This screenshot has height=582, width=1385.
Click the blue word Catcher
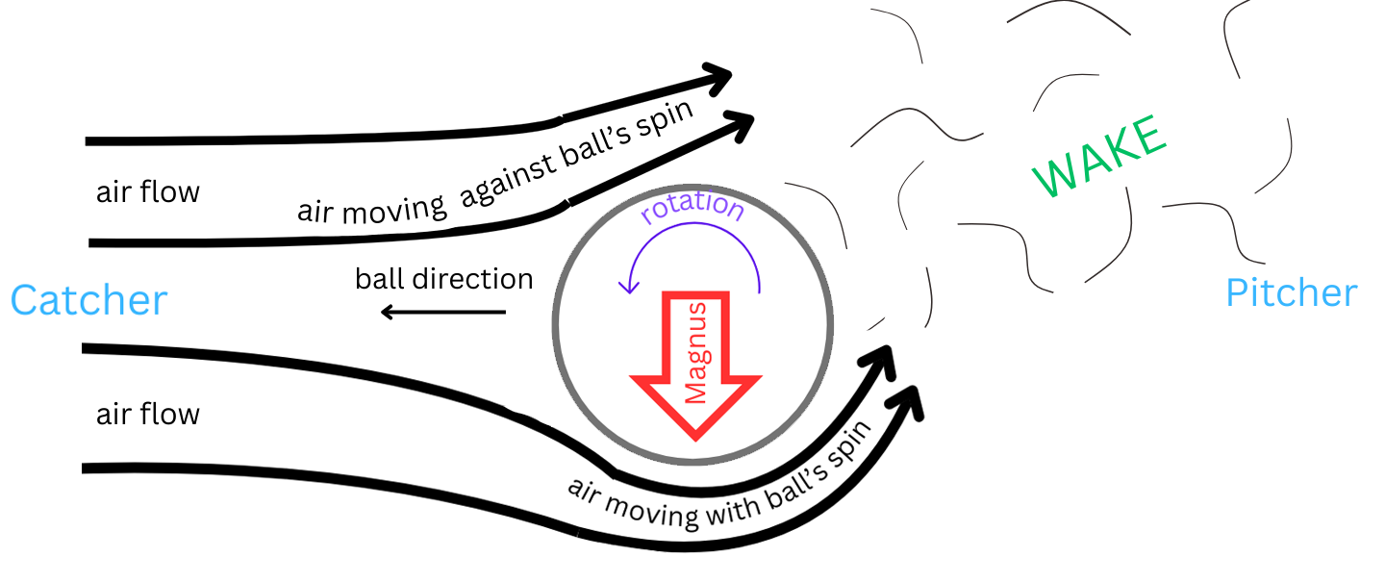click(x=88, y=301)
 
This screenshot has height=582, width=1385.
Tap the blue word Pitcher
click(x=1291, y=292)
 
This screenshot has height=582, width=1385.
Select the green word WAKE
click(x=1099, y=157)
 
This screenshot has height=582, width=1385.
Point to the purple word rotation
click(x=692, y=210)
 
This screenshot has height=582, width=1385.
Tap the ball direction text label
click(x=443, y=279)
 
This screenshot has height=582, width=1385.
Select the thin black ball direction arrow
click(x=442, y=312)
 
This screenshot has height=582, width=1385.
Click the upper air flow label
click(x=147, y=192)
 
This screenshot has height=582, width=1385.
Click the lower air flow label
click(x=147, y=415)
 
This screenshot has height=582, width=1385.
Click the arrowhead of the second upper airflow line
click(x=741, y=122)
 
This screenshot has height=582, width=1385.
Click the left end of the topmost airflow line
click(x=89, y=141)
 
